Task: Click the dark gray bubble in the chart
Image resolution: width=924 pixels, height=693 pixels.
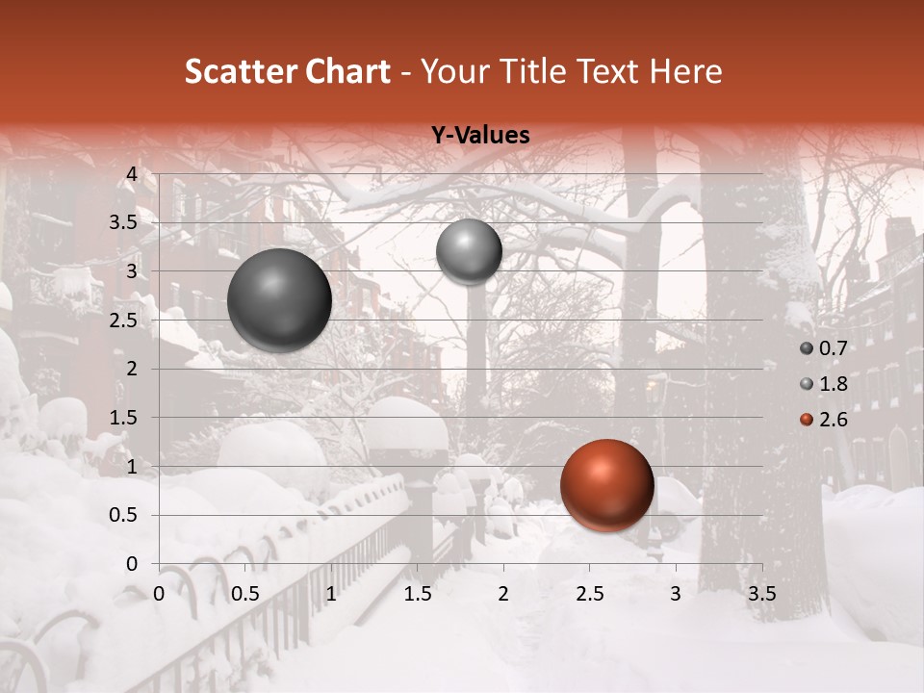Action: coord(280,300)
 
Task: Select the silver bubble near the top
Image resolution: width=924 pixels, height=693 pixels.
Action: coord(469,251)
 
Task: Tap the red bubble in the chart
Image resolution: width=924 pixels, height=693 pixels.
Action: coord(606,485)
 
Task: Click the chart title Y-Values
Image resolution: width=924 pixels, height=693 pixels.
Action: coord(480,136)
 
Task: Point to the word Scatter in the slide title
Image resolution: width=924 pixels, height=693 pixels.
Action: coord(240,71)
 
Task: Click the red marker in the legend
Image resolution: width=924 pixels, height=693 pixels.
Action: coord(807,419)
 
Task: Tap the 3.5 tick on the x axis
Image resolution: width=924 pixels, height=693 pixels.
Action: coord(761,594)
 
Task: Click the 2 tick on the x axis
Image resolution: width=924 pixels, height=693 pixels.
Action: coord(502,594)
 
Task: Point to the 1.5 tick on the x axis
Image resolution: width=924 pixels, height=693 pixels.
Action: coord(418,594)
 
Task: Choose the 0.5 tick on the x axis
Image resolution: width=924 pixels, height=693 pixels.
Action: coord(245,594)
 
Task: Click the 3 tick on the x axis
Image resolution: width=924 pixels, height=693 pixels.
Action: coord(675,594)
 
